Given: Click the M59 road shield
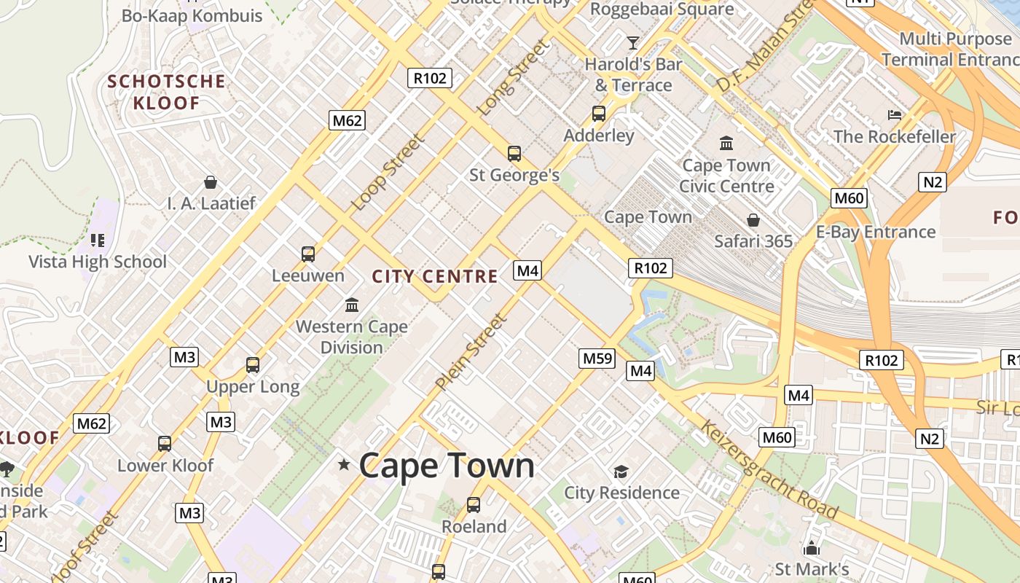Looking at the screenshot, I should click(x=597, y=358).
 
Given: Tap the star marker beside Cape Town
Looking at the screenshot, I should click(x=344, y=464).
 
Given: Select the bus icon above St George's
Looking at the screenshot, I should click(x=514, y=153).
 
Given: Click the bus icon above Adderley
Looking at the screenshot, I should click(x=599, y=114).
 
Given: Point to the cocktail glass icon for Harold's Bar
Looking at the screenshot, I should click(x=632, y=42).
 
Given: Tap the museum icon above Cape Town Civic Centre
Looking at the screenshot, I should click(x=726, y=143).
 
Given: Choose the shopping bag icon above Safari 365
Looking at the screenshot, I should click(x=753, y=219).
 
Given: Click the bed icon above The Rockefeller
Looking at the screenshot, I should click(x=895, y=115).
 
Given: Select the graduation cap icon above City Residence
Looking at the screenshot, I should click(x=621, y=472).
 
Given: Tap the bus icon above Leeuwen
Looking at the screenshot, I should click(x=308, y=254).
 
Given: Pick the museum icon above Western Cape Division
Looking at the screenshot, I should click(x=352, y=304).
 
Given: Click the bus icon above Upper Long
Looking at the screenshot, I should click(x=253, y=364).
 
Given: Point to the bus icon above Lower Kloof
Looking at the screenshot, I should click(x=165, y=443).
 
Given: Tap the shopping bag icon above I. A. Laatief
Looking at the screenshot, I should click(x=211, y=181).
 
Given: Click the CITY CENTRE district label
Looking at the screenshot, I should click(x=435, y=276).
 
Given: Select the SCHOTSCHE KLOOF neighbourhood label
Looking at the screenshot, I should click(x=166, y=92).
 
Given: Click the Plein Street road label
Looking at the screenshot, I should click(x=471, y=351).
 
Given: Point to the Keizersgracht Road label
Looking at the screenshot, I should click(x=768, y=468).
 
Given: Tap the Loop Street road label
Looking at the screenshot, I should click(x=388, y=173).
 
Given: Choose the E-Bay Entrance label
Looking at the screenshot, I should click(x=875, y=232).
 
